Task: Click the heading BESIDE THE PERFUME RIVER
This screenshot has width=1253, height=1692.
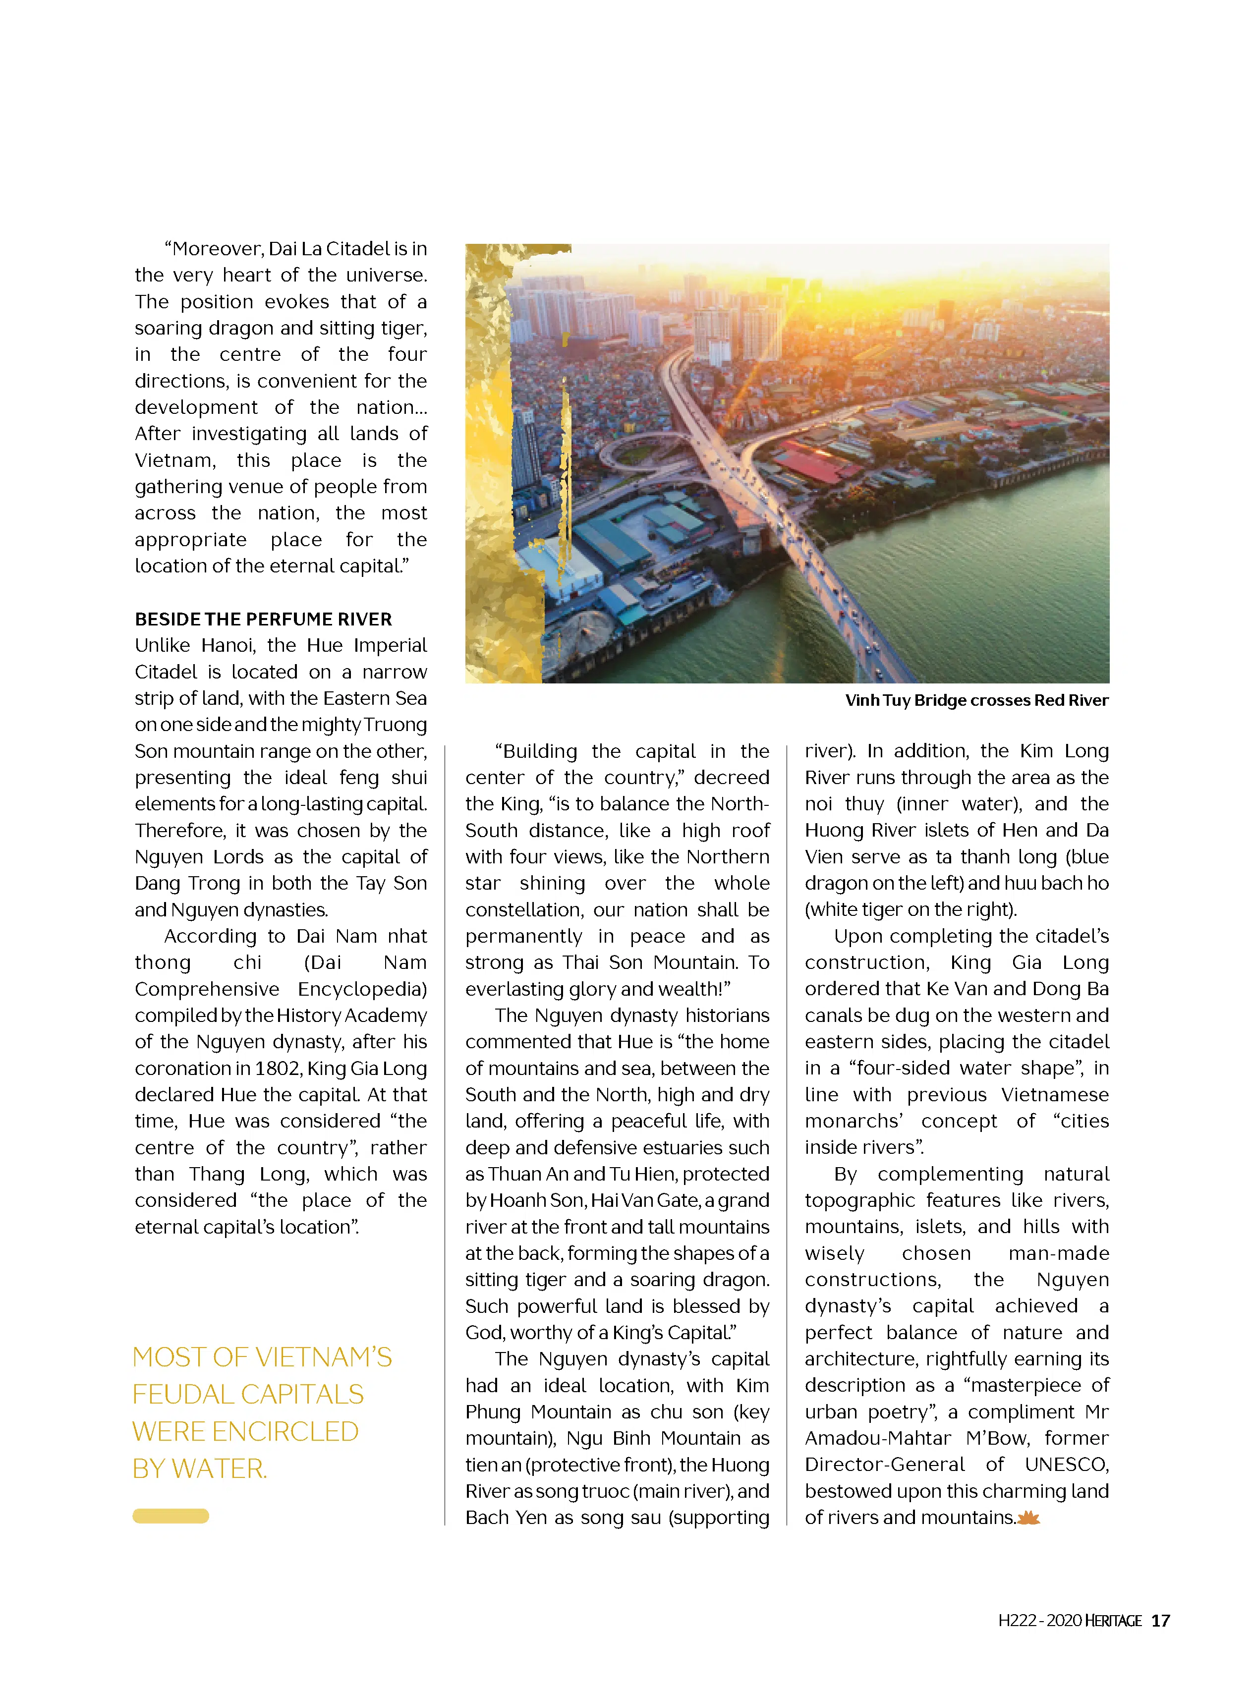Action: point(263,619)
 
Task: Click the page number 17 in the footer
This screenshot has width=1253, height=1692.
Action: point(1160,1621)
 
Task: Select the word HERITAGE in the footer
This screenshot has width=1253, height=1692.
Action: point(1113,1621)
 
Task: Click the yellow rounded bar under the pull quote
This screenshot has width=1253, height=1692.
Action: point(171,1516)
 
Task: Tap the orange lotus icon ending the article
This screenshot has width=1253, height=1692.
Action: point(1028,1518)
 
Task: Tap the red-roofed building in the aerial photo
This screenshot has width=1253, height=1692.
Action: point(808,462)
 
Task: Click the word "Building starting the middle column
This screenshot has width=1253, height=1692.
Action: point(535,751)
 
